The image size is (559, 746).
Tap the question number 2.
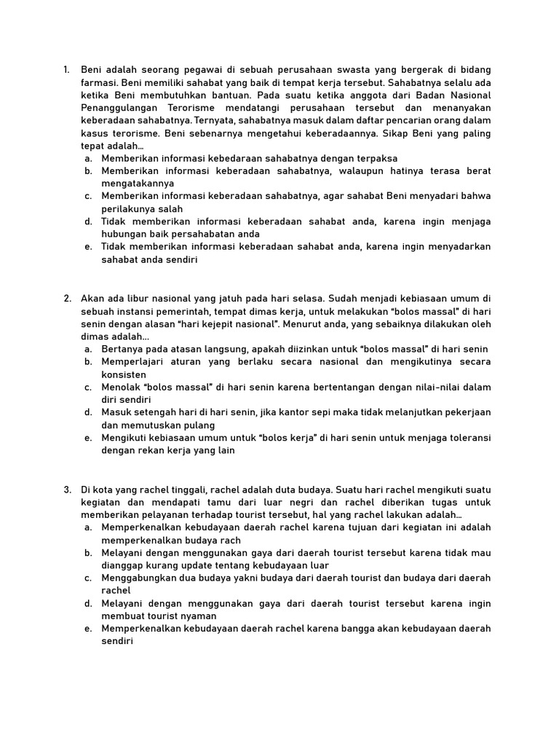coord(66,298)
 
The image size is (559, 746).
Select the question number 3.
coord(66,490)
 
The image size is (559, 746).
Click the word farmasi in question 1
coord(98,83)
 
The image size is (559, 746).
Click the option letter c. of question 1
coord(87,196)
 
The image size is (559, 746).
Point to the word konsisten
coord(124,374)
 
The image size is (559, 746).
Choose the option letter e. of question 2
coord(87,438)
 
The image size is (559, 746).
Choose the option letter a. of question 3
coord(87,527)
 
